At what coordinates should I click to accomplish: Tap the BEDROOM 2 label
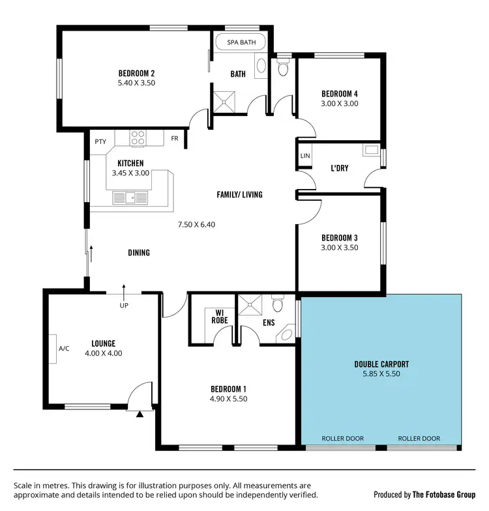point(136,73)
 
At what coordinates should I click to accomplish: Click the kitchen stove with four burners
point(138,138)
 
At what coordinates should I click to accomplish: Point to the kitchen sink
point(130,197)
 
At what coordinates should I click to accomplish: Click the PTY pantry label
point(100,141)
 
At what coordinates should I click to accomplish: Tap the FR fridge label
point(175,138)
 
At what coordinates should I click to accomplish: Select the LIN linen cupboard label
point(305,156)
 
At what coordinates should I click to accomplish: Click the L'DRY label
point(339,168)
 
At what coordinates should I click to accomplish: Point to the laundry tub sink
point(372,151)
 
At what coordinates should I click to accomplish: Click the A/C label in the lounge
point(64,349)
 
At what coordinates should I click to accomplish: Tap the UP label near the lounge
point(123,305)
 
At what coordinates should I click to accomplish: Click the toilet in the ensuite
point(278,305)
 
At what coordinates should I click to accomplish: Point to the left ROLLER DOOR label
point(343,439)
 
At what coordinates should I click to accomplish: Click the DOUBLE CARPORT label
point(381,364)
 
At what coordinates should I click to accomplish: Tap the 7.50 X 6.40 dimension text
point(196,225)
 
